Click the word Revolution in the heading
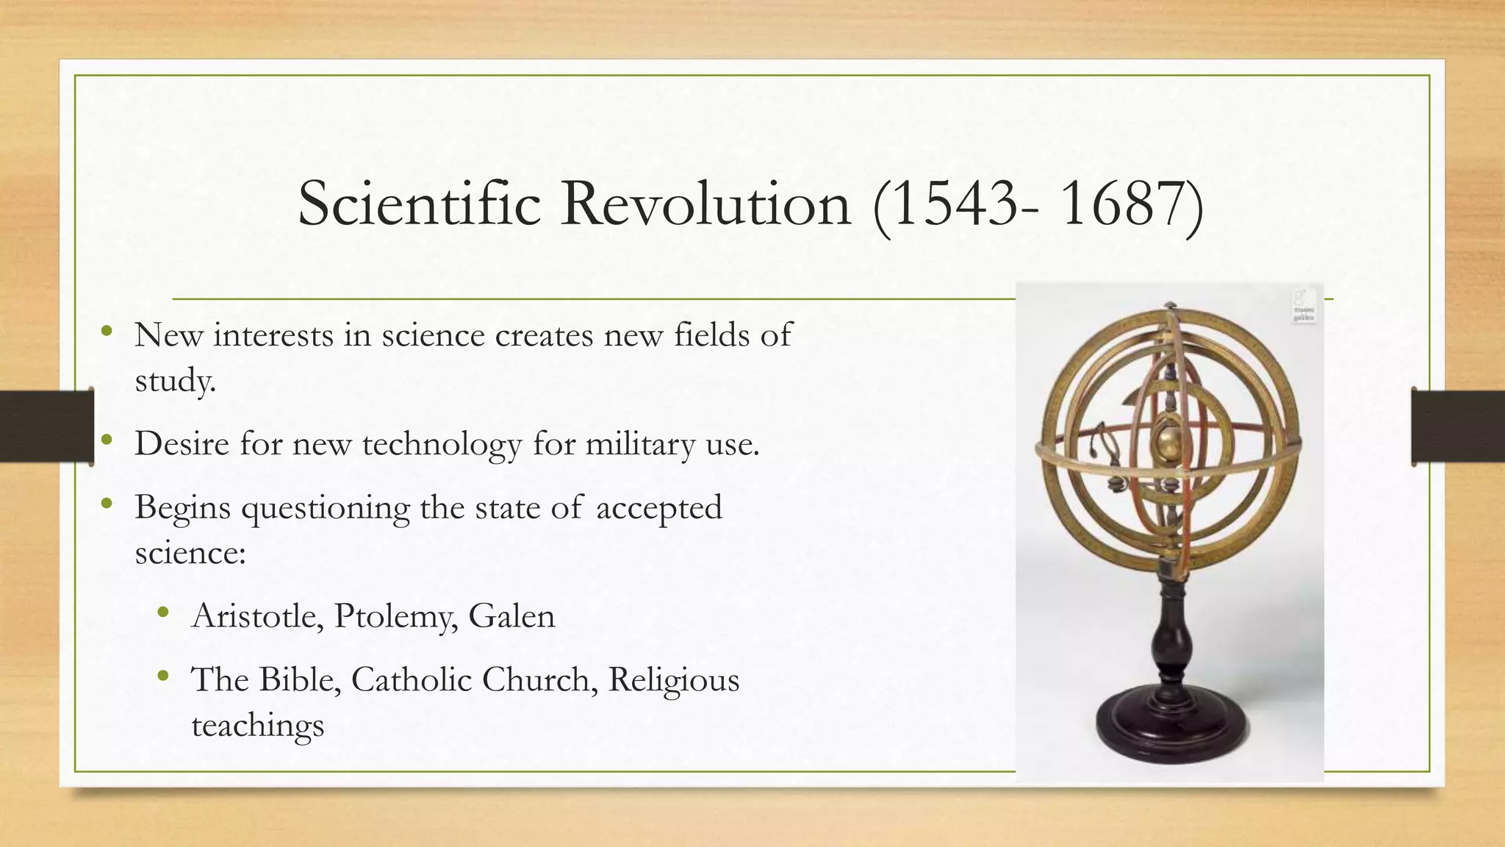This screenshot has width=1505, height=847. click(705, 204)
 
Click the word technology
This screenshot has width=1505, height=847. click(442, 444)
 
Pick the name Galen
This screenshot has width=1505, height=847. click(511, 616)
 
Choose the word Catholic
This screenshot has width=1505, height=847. click(412, 679)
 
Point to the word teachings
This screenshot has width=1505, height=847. click(257, 725)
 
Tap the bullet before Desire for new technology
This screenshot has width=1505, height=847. click(107, 441)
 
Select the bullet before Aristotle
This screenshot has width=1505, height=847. click(163, 612)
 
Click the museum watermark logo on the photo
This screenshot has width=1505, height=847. click(1304, 306)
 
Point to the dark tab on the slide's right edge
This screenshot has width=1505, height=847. click(1458, 426)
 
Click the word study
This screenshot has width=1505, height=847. click(175, 381)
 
